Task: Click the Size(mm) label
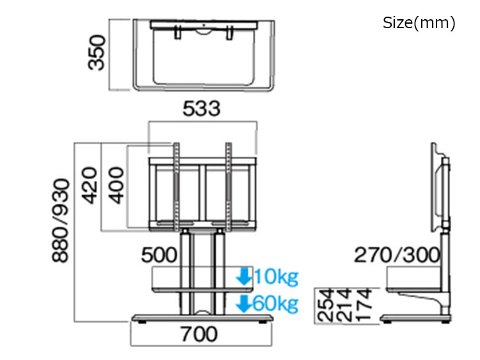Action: [x=419, y=22]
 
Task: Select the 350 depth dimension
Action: [x=97, y=53]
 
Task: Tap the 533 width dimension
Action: [x=202, y=108]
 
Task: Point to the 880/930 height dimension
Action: [x=61, y=220]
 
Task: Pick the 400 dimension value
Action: [x=116, y=185]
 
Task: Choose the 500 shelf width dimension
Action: [x=159, y=255]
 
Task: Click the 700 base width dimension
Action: [x=199, y=334]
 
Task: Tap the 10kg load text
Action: [x=276, y=277]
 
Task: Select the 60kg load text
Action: [x=276, y=304]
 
